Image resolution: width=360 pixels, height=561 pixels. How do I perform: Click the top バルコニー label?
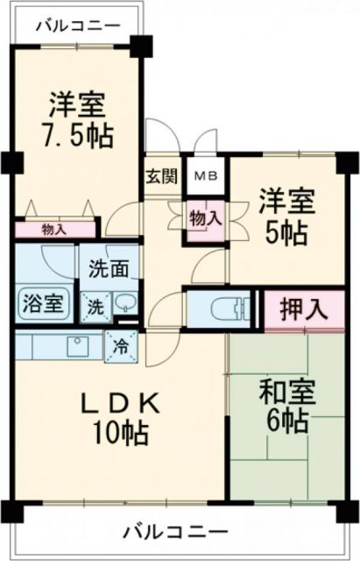77,25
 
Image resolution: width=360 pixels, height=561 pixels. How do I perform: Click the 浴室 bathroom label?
42,306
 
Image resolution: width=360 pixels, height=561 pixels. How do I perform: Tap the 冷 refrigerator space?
120,344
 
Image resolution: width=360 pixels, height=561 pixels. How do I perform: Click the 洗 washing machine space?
94,307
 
